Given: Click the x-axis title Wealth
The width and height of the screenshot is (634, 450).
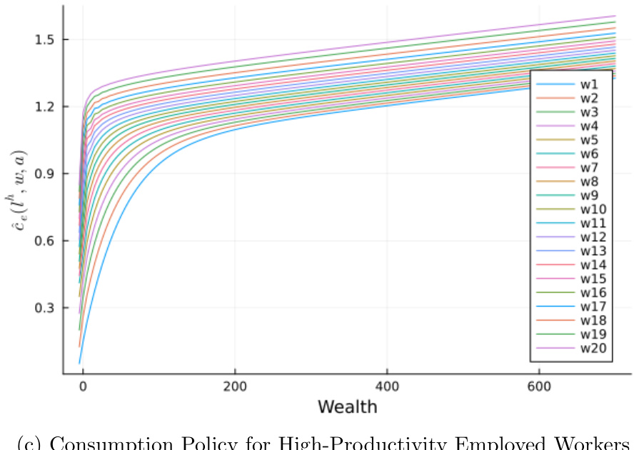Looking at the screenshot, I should [x=347, y=407].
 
